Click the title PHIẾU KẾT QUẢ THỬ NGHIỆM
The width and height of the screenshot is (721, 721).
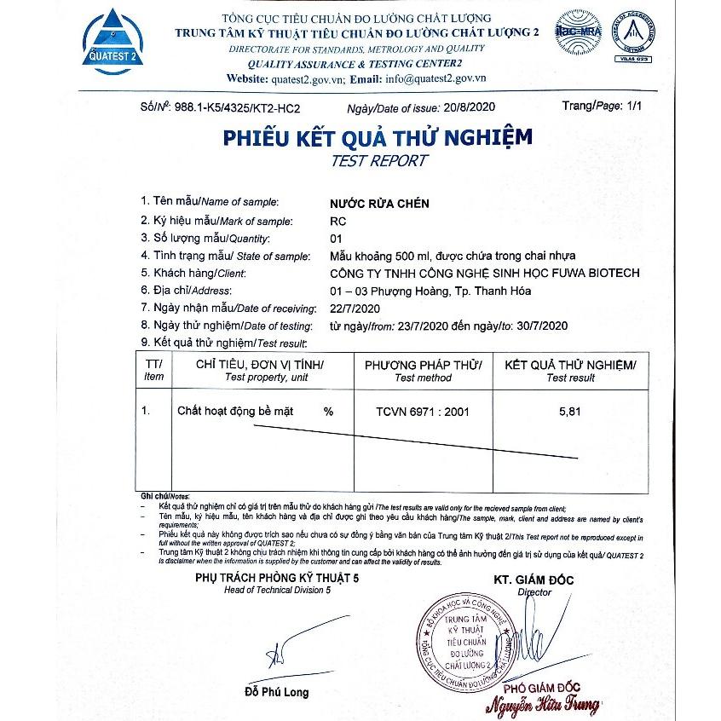(378, 137)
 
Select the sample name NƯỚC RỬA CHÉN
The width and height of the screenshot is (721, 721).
(379, 204)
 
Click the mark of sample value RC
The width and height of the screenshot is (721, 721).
(337, 221)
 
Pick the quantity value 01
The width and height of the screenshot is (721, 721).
(335, 238)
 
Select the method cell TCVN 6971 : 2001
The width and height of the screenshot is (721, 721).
(423, 411)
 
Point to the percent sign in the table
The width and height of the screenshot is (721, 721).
(328, 411)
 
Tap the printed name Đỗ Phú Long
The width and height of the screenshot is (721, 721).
(276, 692)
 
